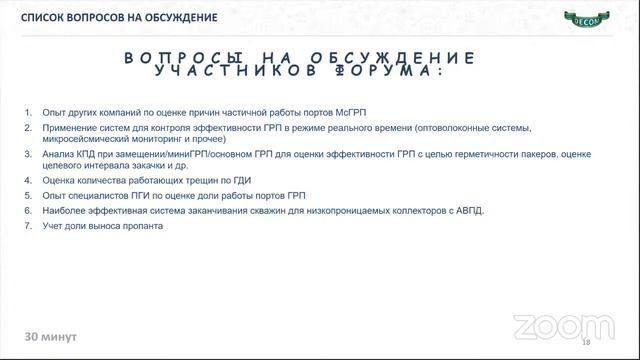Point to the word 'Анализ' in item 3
pyautogui.click(x=58, y=155)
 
